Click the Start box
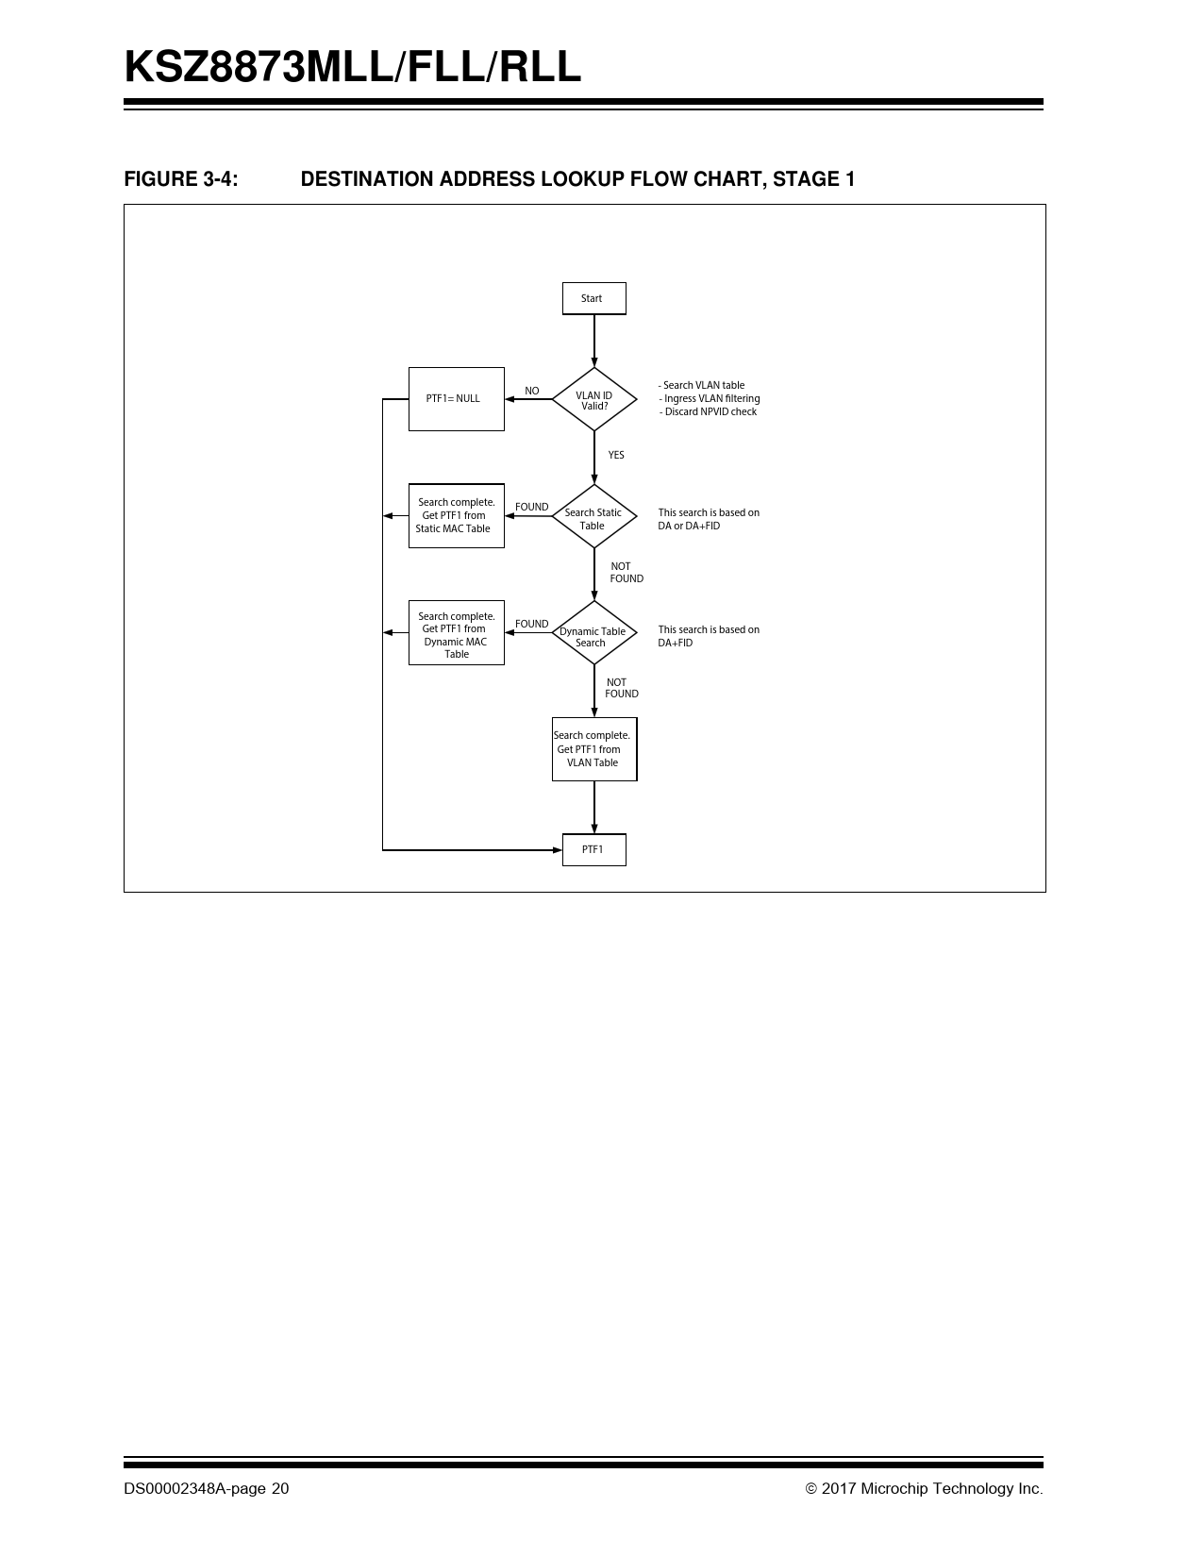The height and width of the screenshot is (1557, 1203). tap(594, 298)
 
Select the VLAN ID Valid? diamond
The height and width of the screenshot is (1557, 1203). tap(594, 399)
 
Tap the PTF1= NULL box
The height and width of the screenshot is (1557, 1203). tap(457, 399)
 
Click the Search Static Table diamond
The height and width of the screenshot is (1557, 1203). tap(594, 516)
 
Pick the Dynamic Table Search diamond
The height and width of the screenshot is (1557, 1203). tap(594, 632)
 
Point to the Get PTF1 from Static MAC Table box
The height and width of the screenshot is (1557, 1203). tap(457, 516)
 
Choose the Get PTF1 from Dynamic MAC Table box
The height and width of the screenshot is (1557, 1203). tap(457, 632)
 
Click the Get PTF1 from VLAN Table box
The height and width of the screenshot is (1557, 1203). tap(594, 748)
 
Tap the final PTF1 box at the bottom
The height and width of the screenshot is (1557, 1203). tap(594, 850)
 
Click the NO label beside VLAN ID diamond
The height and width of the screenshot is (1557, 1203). tap(531, 392)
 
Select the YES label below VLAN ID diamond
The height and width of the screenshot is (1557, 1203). tap(616, 455)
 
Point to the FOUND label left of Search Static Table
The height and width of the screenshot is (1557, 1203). tap(531, 508)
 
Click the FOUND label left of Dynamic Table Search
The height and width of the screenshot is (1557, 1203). tap(531, 624)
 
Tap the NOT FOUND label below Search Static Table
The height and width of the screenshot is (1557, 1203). tap(627, 573)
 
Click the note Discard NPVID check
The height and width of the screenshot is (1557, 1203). tap(708, 412)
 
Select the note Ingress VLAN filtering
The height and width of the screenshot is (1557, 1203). tap(710, 398)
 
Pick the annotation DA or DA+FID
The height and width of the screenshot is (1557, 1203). tap(690, 526)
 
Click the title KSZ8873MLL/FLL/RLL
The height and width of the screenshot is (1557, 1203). tap(353, 67)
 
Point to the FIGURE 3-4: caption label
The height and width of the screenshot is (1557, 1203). tap(181, 179)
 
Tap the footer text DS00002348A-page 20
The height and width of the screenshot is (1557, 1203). tap(207, 1488)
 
